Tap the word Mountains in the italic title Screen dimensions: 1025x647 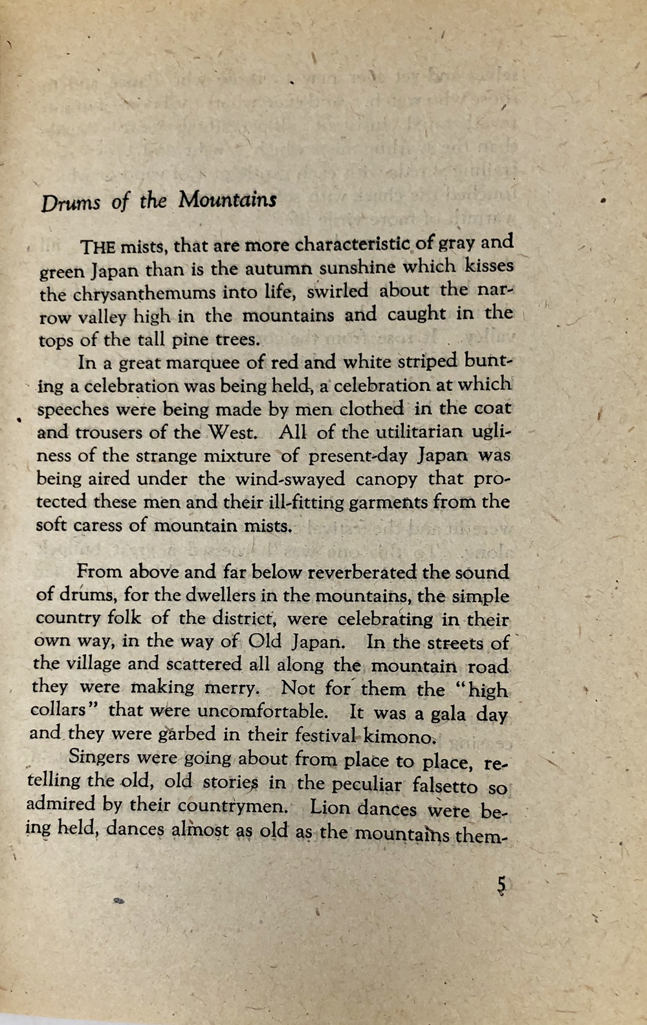click(x=227, y=200)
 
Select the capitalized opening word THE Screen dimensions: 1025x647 click(x=97, y=247)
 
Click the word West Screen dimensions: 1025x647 click(x=233, y=432)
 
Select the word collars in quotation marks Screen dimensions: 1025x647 click(x=58, y=710)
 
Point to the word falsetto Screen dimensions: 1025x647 click(x=445, y=786)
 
